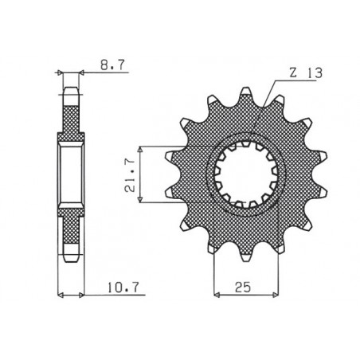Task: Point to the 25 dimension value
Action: click(x=245, y=286)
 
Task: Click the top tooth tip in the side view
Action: click(x=71, y=88)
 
